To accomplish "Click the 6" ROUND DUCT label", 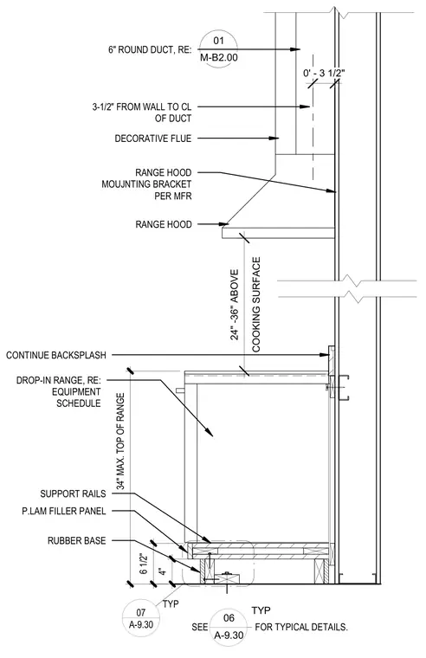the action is click(x=150, y=50).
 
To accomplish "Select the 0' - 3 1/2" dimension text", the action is click(x=324, y=73).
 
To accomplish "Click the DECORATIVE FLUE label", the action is click(x=152, y=139).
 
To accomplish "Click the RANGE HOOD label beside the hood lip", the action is click(x=164, y=224).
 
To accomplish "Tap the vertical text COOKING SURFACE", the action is click(x=256, y=305).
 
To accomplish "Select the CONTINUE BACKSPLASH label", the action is click(x=55, y=356).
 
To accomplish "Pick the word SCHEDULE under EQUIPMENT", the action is click(x=79, y=403).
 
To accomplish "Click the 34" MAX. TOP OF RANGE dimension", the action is click(x=121, y=442).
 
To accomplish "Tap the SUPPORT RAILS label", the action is click(x=73, y=493).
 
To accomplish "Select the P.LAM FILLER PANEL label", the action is click(x=64, y=511).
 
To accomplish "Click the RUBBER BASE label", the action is click(x=76, y=540).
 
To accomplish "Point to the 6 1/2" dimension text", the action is click(x=144, y=564).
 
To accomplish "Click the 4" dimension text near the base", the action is click(x=163, y=571).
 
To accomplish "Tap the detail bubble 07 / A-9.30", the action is click(x=141, y=619).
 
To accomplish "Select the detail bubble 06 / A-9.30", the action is click(x=229, y=628).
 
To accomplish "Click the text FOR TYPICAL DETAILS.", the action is click(x=301, y=628).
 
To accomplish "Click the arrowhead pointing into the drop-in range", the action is click(x=210, y=432).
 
